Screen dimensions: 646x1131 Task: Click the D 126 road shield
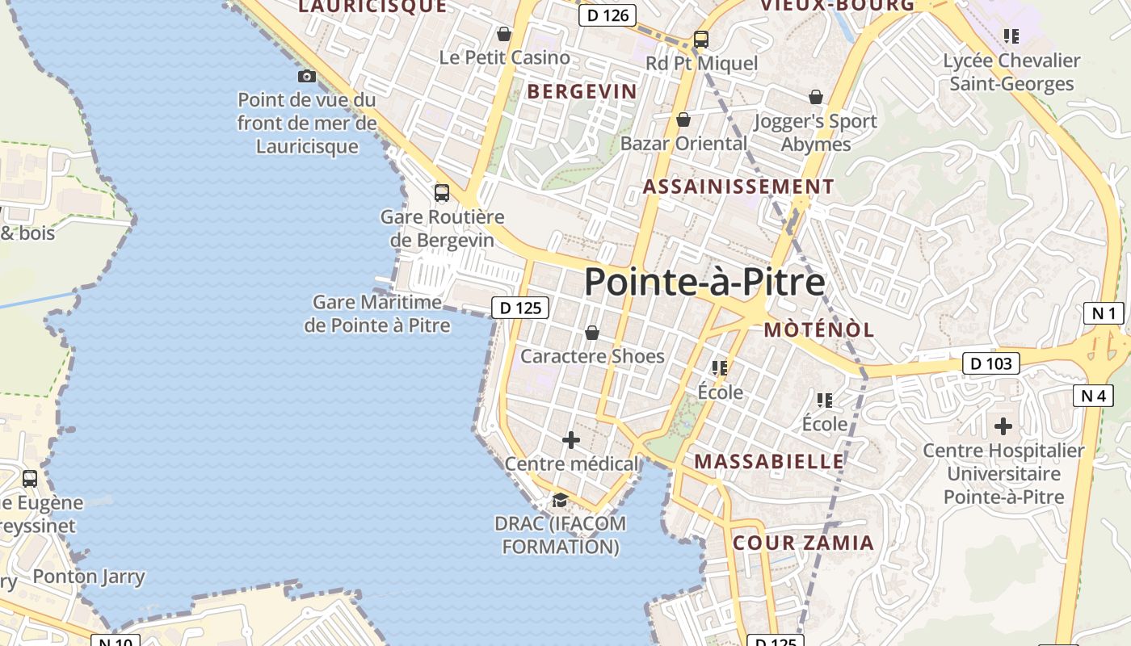pos(608,15)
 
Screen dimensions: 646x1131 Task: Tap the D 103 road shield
pos(991,363)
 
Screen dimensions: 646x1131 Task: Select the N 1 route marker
pos(1104,313)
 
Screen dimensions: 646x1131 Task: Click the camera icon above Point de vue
pos(307,77)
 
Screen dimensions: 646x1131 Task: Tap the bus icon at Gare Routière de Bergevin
pos(442,193)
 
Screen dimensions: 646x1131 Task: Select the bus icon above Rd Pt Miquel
pos(701,39)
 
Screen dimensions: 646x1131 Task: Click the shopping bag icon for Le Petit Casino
pos(504,34)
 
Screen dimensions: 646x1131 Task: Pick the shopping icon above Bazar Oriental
pos(683,120)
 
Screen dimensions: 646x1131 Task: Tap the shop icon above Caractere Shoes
pos(592,333)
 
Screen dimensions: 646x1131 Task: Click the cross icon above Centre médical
pos(571,440)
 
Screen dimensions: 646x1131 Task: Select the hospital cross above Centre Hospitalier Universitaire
pos(1003,426)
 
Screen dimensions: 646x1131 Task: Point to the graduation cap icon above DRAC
pos(560,500)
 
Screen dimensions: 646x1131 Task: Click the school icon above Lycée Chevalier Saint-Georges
pos(1011,36)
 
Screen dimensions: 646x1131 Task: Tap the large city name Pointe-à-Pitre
pos(704,283)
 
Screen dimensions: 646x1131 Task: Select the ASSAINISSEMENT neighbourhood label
pos(738,187)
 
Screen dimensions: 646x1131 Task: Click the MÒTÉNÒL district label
pos(819,329)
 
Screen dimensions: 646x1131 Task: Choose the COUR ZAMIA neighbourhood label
pos(803,543)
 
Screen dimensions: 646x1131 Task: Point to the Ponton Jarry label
pos(89,577)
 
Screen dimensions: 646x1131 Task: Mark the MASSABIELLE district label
pos(769,461)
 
